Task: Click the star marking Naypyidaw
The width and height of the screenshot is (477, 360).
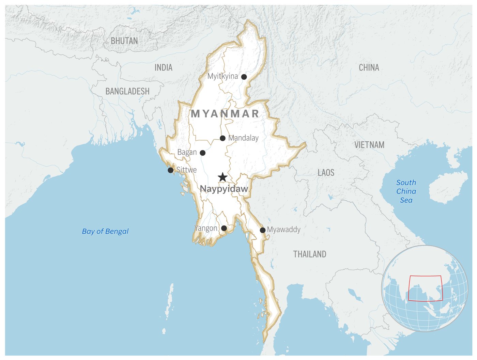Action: tap(222, 177)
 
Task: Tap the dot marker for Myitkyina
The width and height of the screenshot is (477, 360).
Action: tap(244, 77)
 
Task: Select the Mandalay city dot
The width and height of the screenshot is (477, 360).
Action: tap(222, 138)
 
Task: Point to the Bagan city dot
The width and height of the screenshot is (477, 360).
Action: tap(202, 153)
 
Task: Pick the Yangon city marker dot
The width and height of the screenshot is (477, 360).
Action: tap(224, 228)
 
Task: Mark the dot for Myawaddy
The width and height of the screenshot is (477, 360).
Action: tap(263, 230)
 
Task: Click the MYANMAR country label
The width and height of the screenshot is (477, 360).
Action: tap(225, 114)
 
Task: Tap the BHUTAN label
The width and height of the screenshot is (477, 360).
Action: tap(124, 41)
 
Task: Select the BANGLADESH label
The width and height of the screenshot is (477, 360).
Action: tap(127, 91)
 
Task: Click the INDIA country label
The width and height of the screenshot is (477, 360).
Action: tap(164, 67)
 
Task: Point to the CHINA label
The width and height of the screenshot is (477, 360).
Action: tap(369, 67)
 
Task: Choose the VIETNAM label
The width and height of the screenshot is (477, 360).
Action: tap(369, 145)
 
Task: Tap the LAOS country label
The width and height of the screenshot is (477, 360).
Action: tap(326, 173)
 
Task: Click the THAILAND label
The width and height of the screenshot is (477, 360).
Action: tap(310, 254)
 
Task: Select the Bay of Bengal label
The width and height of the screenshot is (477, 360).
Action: tap(105, 231)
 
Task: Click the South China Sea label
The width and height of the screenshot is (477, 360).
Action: tap(406, 191)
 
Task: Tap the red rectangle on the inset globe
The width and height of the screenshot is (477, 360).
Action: tap(425, 288)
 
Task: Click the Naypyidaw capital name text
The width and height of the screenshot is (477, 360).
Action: tap(224, 189)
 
